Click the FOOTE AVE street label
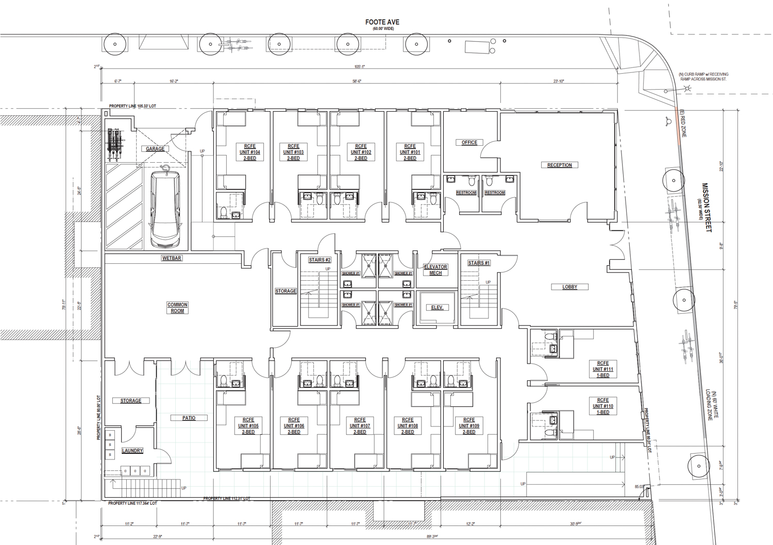[382, 22]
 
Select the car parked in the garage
[165, 209]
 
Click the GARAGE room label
[155, 149]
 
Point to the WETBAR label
[172, 258]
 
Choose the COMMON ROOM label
[177, 308]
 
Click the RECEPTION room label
[559, 165]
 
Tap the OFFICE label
[469, 143]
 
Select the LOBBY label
[569, 287]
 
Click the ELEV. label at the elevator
[437, 308]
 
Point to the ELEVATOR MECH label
[435, 270]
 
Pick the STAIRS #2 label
[320, 260]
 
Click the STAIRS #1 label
[479, 263]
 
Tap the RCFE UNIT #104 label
[249, 152]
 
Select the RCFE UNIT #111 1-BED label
[602, 369]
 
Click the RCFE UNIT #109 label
[468, 426]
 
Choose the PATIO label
[189, 418]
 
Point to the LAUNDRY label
[132, 451]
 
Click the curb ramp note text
[703, 77]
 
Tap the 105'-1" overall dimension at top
[359, 66]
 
